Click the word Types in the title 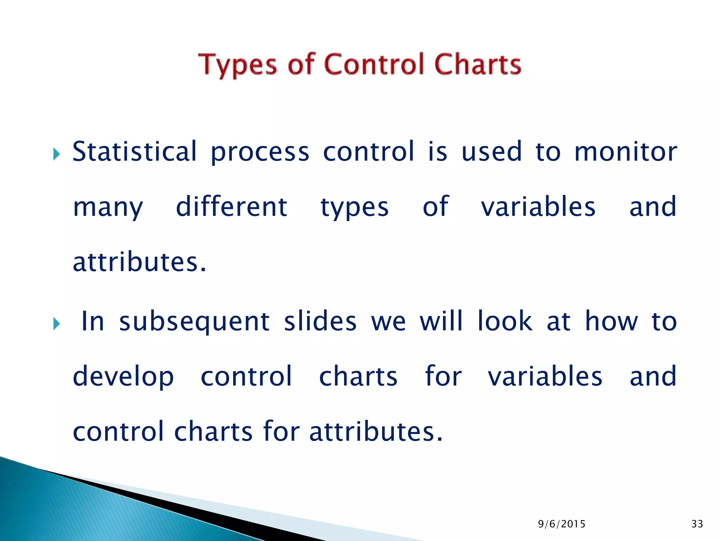(238, 66)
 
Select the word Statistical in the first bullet (134, 151)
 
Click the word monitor (626, 151)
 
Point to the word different (231, 207)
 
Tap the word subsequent (194, 322)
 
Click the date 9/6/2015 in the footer (562, 524)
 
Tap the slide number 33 (697, 524)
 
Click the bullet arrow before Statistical (57, 154)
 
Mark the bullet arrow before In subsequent (57, 323)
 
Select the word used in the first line (491, 151)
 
